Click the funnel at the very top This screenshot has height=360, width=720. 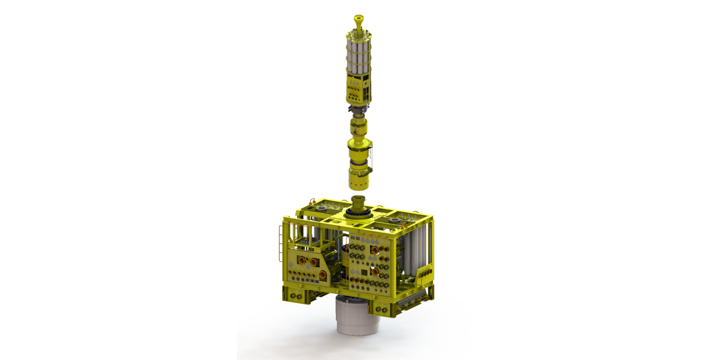(x=359, y=21)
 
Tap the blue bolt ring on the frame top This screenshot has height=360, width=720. (x=358, y=213)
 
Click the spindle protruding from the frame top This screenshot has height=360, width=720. (x=358, y=203)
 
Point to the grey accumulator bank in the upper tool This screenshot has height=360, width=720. (x=359, y=56)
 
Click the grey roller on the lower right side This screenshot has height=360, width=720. (x=416, y=303)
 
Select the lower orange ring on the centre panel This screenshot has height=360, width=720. (x=374, y=271)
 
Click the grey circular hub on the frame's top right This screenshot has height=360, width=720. (x=395, y=219)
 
